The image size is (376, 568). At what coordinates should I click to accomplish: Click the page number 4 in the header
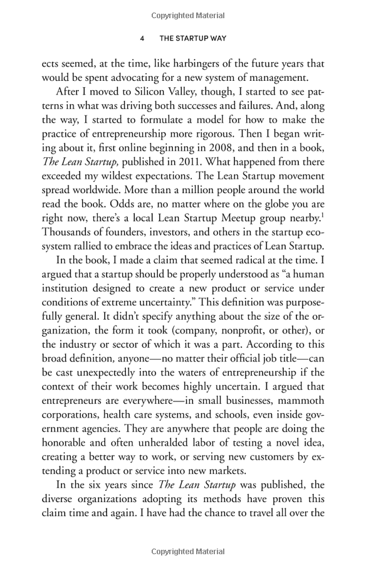[x=142, y=38]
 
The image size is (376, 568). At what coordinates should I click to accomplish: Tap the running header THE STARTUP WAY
[x=192, y=38]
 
